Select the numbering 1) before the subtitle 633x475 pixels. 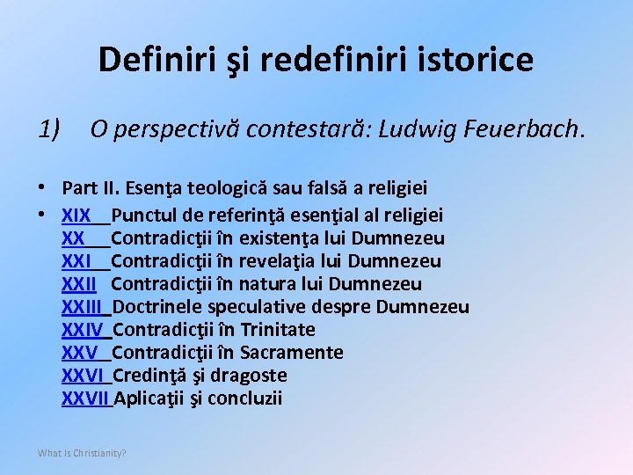[x=49, y=129]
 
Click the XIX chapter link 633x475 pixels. [x=76, y=216]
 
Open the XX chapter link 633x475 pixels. [x=73, y=238]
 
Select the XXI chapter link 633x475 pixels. [x=76, y=261]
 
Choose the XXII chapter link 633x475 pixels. [x=79, y=284]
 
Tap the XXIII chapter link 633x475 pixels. [x=83, y=307]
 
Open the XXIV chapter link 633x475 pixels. [x=83, y=330]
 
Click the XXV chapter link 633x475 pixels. [x=79, y=353]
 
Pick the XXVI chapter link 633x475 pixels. [x=83, y=376]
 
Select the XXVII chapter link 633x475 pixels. [x=85, y=398]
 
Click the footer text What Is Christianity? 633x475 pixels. [x=82, y=453]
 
